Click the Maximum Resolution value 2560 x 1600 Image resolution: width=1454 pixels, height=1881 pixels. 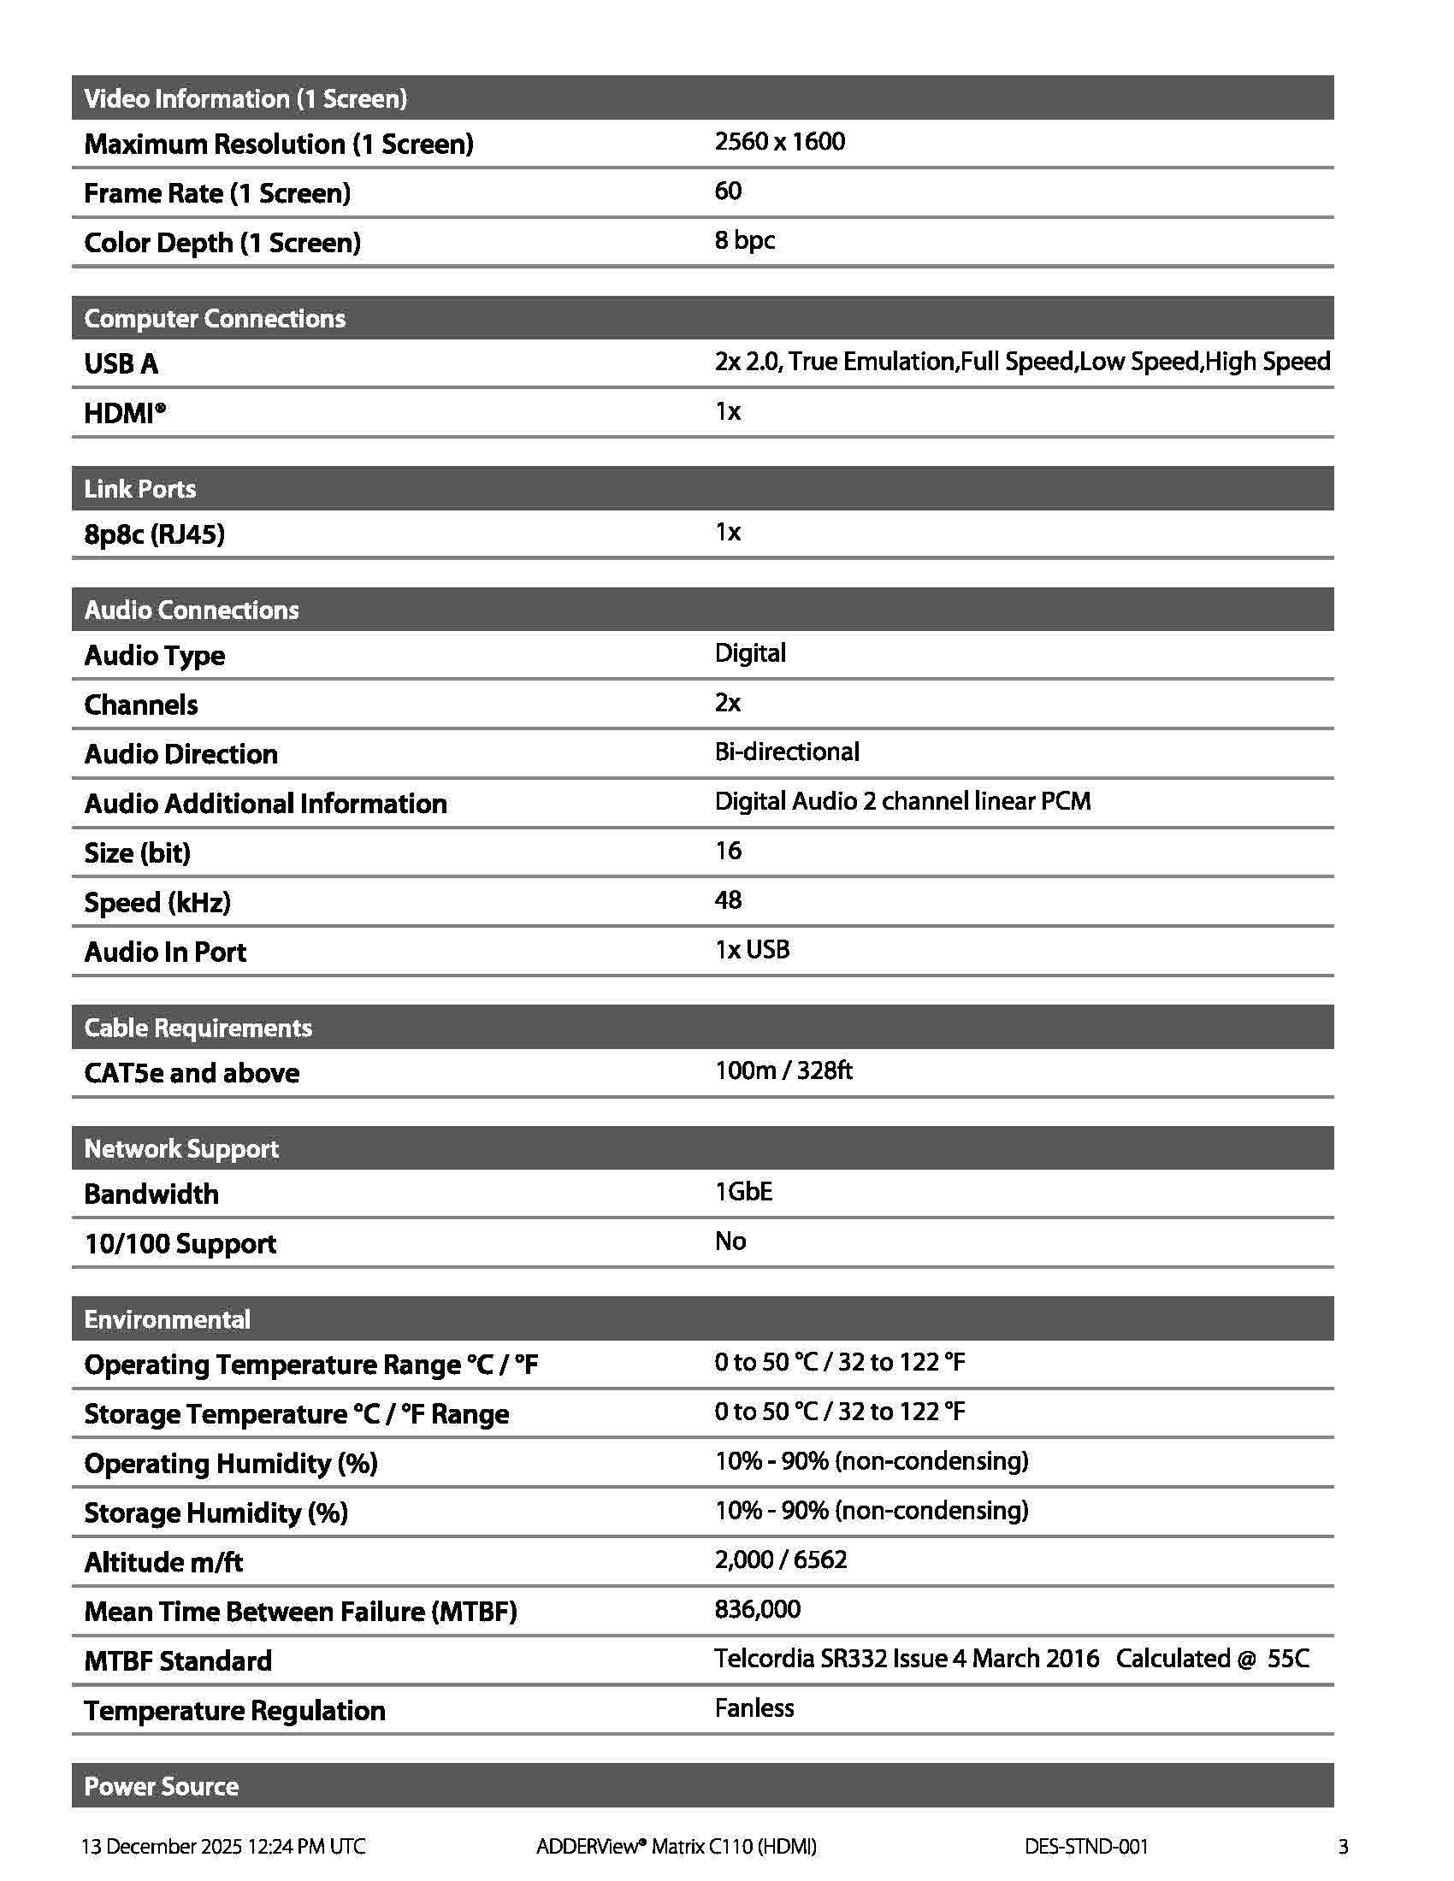point(779,142)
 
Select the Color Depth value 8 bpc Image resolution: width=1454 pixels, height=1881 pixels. point(744,240)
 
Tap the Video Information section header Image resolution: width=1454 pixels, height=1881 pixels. point(245,98)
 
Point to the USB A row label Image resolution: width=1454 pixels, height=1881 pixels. point(121,363)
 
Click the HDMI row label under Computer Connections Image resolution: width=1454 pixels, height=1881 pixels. point(125,414)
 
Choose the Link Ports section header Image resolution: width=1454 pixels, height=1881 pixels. point(140,489)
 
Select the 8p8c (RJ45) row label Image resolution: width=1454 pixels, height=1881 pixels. point(154,534)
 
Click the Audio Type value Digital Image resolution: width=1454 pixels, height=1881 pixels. point(750,653)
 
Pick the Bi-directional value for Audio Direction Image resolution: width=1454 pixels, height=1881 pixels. point(786,752)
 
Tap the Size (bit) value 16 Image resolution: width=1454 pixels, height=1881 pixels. point(728,851)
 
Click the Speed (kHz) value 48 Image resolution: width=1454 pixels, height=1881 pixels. point(728,900)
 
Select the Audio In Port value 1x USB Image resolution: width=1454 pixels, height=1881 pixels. point(752,949)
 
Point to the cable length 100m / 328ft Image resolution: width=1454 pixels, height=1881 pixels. point(783,1070)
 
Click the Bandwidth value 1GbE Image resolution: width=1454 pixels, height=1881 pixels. point(743,1192)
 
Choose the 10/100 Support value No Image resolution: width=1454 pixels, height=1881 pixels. point(730,1241)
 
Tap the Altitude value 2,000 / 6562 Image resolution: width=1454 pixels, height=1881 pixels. point(780,1560)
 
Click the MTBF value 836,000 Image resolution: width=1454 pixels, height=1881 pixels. point(757,1609)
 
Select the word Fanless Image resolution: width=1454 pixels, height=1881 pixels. point(754,1708)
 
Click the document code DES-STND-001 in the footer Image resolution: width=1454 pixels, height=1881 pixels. point(1086,1846)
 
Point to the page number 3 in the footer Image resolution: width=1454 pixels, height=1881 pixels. point(1343,1846)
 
